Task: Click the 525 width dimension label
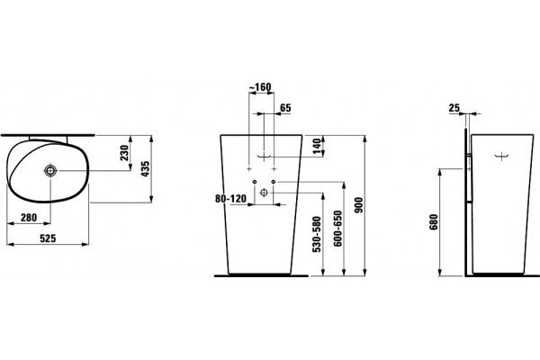48,238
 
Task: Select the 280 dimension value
29,218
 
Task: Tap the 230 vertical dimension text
124,153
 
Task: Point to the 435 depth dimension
145,169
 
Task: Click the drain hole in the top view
50,170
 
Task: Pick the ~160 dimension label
260,87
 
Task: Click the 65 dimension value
285,108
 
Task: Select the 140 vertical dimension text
318,146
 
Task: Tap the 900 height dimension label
358,205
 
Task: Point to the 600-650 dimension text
337,229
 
